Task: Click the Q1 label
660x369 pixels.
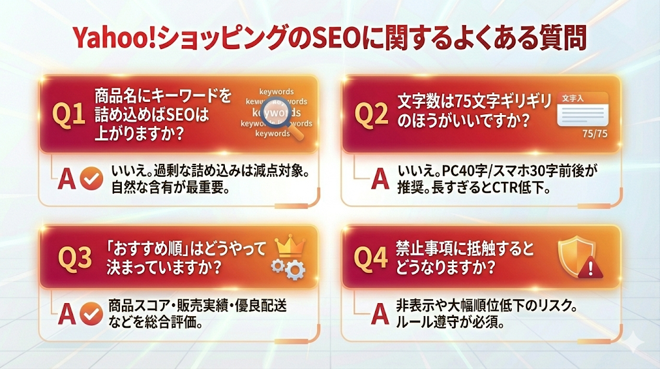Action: tap(68, 115)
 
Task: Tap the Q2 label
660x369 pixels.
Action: tap(372, 115)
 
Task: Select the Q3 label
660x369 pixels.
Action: tap(75, 257)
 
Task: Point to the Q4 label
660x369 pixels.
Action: tap(372, 257)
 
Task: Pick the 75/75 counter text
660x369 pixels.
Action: tap(594, 134)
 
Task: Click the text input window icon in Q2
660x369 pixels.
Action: tap(582, 108)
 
